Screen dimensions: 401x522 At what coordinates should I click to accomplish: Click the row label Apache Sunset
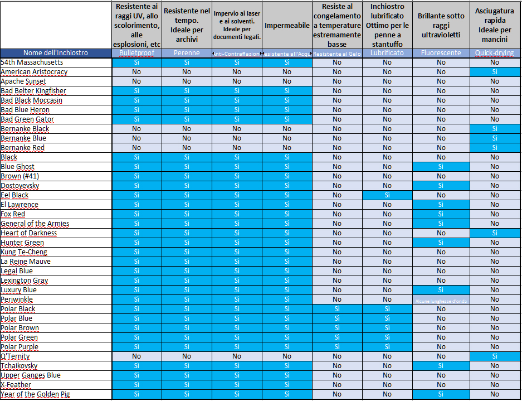[23, 81]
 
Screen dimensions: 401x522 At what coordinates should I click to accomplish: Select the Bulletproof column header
[136, 53]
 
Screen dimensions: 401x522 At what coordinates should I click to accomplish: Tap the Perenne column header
[187, 53]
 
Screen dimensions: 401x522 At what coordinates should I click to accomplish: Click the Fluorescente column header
[441, 53]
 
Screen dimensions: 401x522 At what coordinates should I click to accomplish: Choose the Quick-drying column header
[494, 53]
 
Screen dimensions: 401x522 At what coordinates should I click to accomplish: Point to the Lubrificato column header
[387, 53]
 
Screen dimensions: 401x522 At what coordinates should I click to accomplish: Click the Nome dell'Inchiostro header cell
[56, 53]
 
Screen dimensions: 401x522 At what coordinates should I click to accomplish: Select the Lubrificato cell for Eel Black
[387, 195]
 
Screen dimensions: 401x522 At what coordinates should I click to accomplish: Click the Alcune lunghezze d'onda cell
[441, 300]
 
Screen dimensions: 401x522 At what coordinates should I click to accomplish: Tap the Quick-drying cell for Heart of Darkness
[494, 233]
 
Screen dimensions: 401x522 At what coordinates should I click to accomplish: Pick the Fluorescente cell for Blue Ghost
[441, 167]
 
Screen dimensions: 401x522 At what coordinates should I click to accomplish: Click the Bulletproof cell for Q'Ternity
[136, 356]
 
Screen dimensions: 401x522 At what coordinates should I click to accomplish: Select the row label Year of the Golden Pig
[35, 394]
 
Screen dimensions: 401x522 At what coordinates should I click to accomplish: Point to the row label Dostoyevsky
[20, 186]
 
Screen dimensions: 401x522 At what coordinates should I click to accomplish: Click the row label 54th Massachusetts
[32, 62]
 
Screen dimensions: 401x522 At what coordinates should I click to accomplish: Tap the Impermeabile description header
[287, 26]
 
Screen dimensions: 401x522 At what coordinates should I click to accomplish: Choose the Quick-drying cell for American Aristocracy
[494, 72]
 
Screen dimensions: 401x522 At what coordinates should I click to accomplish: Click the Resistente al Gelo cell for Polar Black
[337, 309]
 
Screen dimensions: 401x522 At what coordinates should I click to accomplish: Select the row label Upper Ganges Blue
[31, 375]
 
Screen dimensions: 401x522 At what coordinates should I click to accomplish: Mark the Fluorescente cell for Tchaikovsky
[441, 366]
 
